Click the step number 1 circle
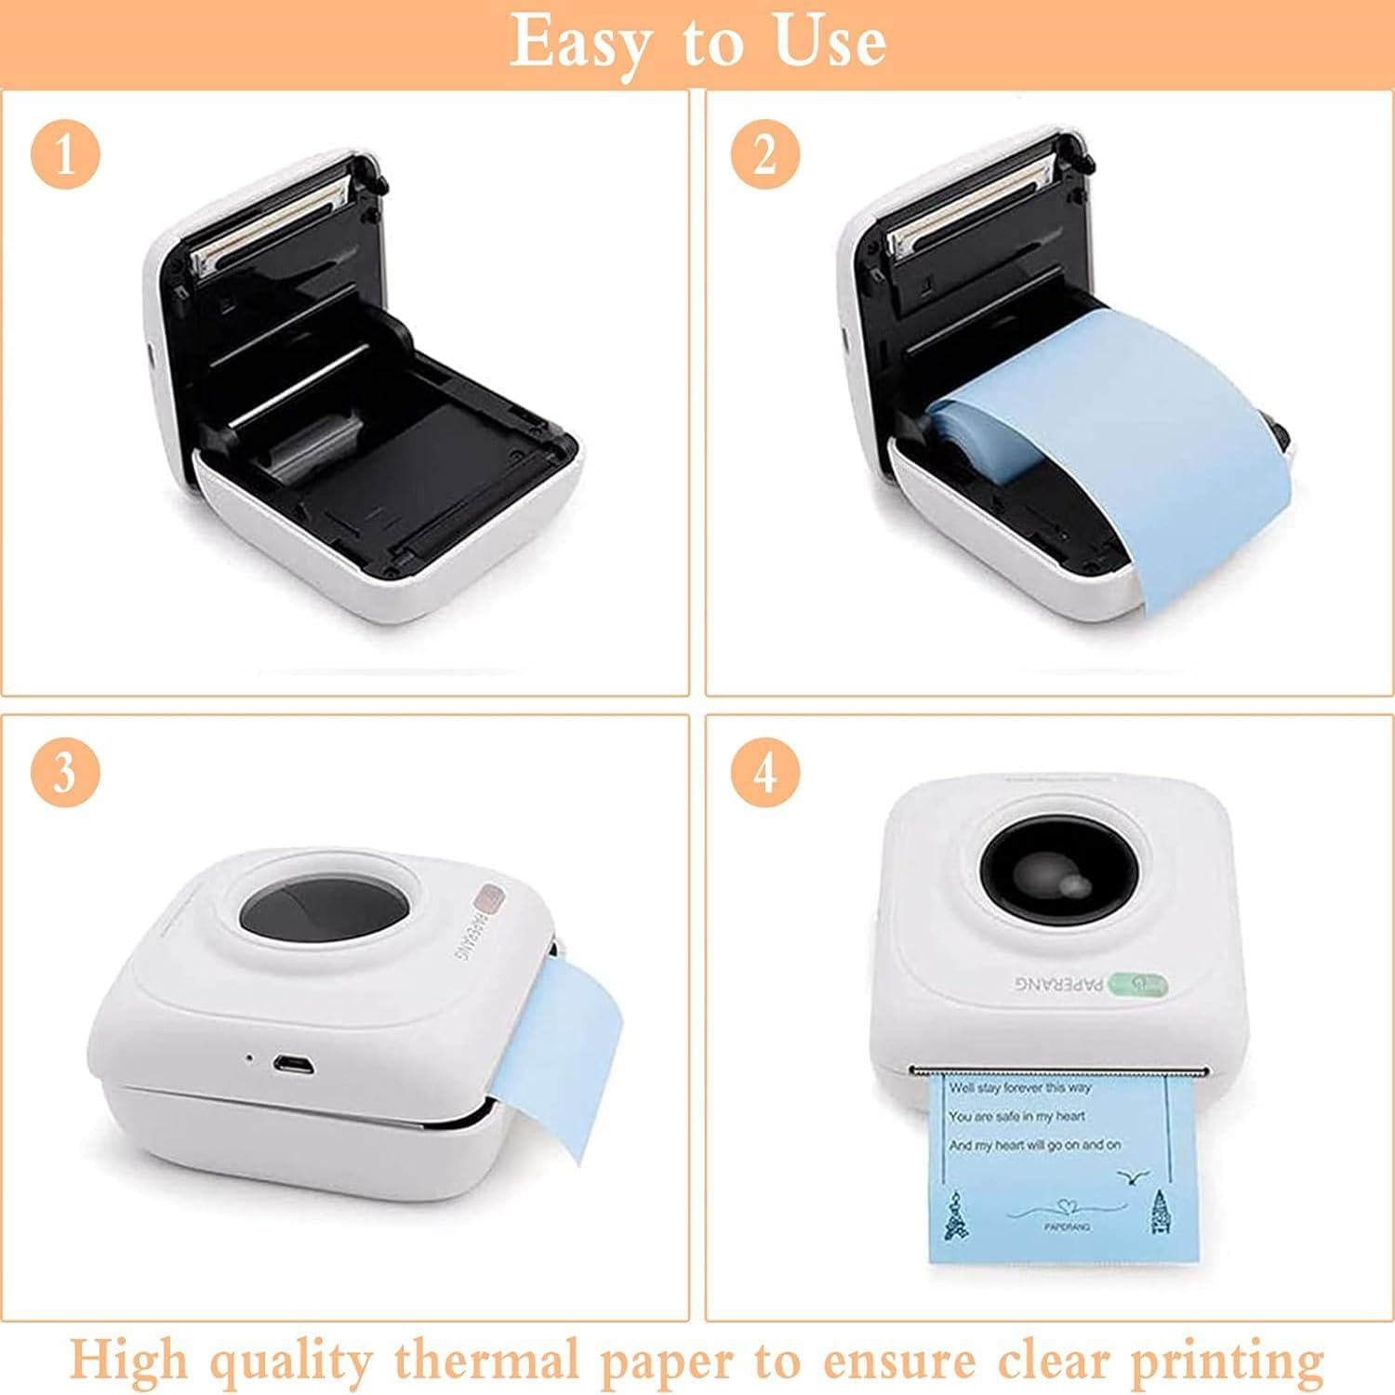pos(65,153)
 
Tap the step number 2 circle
pos(764,153)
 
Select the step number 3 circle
pos(65,772)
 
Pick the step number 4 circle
pos(764,772)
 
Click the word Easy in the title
pos(575,42)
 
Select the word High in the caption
pos(129,1361)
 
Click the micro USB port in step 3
pos(292,1063)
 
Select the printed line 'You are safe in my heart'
pos(1016,1116)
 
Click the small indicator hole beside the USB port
pos(248,1057)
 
